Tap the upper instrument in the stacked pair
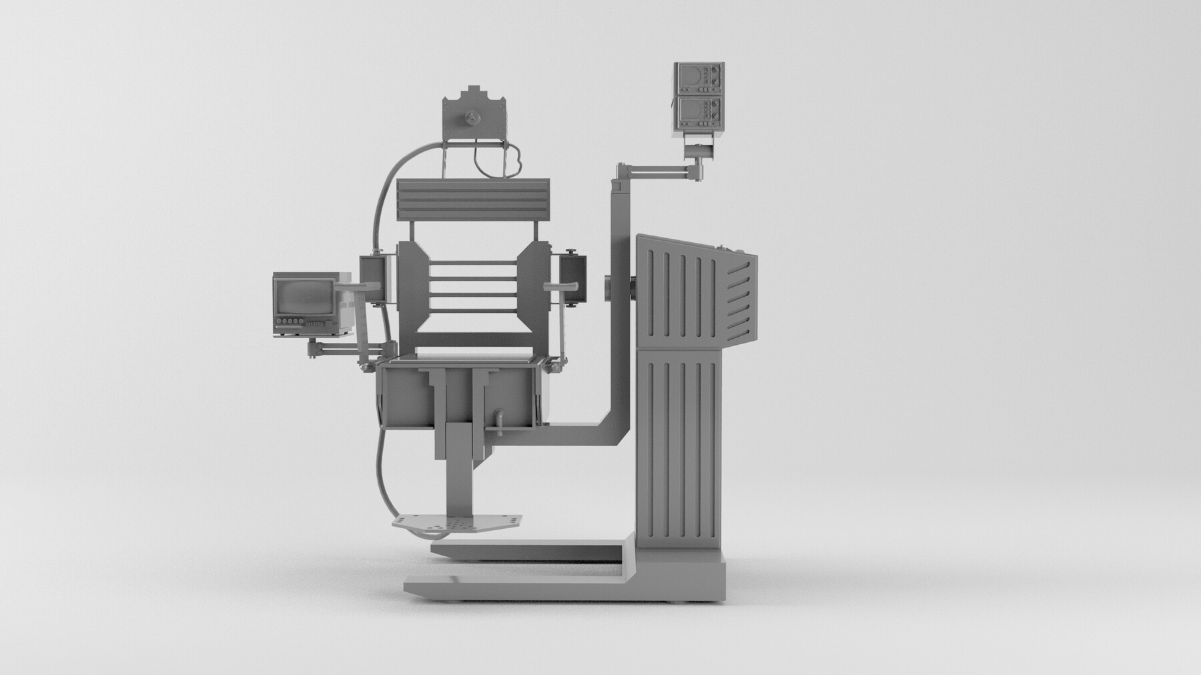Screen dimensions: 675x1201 pos(697,79)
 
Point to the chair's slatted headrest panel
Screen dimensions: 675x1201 pos(473,200)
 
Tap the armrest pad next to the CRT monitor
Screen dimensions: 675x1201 pos(361,287)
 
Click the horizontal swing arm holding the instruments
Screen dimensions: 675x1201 pos(657,174)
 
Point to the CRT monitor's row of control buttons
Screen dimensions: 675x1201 pos(289,322)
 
